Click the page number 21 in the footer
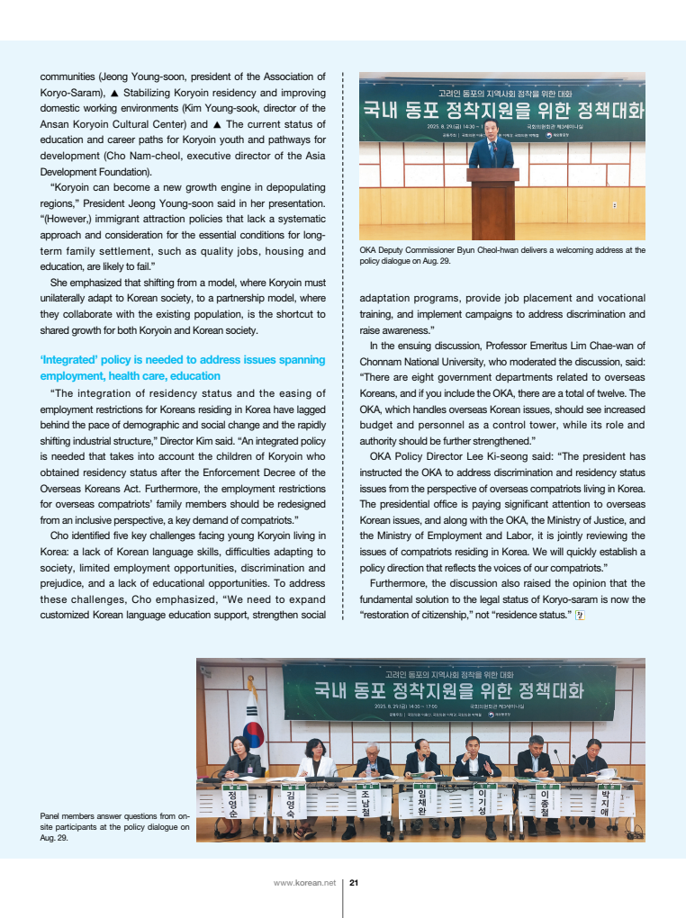tap(354, 882)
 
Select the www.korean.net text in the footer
tap(304, 882)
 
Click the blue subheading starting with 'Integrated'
tap(183, 367)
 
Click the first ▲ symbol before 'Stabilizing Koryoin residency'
tap(114, 92)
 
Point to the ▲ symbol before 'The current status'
tap(217, 124)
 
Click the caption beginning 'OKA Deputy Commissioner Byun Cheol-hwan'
tap(501, 256)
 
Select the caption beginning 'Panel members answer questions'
tap(114, 826)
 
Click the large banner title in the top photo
tap(502, 110)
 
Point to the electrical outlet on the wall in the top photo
tap(615, 204)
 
